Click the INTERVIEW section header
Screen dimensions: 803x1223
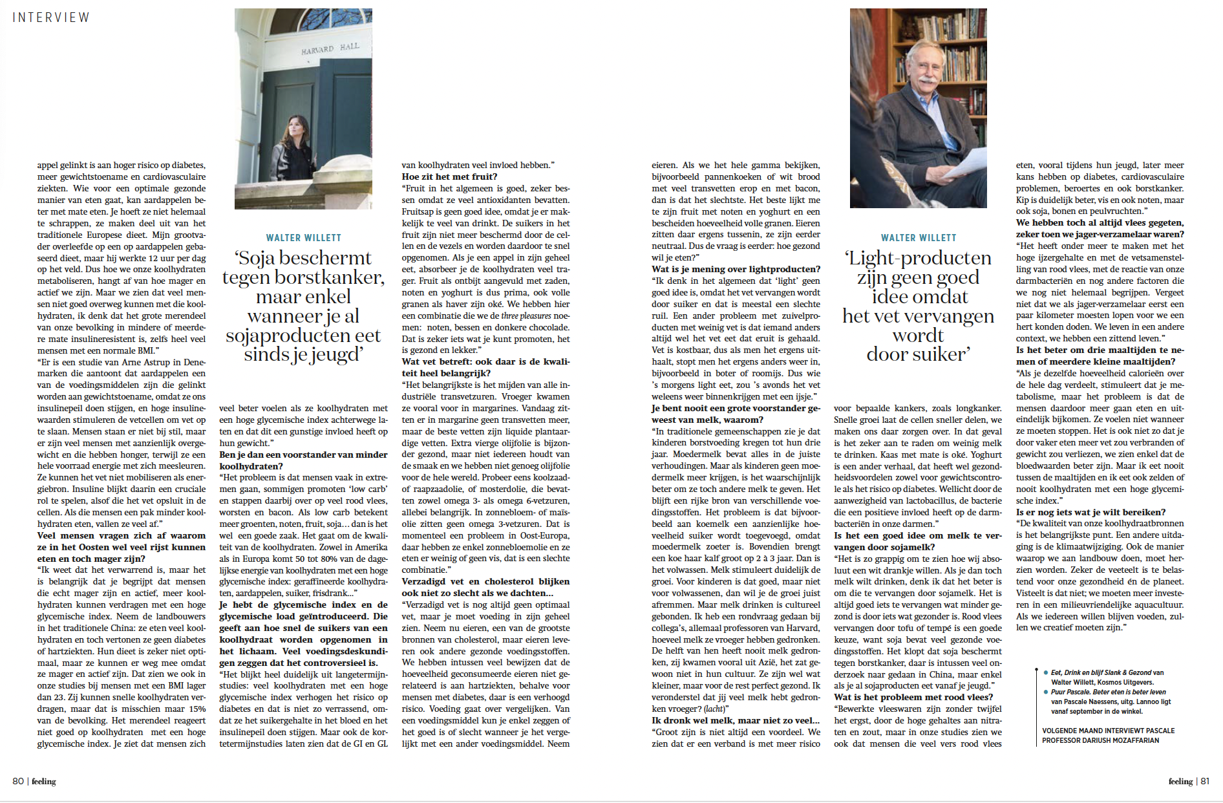pos(51,17)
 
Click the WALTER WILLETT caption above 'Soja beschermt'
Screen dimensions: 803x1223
pos(303,238)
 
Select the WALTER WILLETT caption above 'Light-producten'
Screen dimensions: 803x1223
pos(918,238)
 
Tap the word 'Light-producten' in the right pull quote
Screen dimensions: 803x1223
pos(919,258)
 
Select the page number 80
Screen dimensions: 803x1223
pos(18,781)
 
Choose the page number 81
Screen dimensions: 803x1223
pos(1204,781)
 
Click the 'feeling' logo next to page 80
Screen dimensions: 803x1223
pos(44,781)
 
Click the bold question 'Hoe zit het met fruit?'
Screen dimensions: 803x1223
pos(449,177)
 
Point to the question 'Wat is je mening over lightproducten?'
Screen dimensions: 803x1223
pos(736,269)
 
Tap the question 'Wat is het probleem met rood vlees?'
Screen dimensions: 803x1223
pos(913,697)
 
